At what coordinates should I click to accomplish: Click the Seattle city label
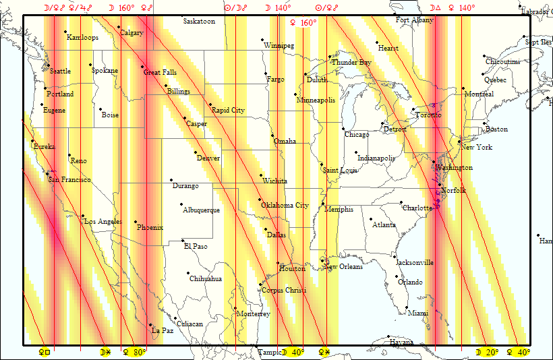[60, 71]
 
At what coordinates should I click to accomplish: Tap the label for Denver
[208, 158]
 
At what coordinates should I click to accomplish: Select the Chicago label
[357, 135]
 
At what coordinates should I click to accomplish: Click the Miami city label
[417, 313]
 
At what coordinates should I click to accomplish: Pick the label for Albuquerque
[201, 210]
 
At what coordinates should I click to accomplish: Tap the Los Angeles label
[103, 222]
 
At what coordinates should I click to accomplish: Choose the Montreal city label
[479, 94]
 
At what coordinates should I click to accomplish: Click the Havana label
[401, 342]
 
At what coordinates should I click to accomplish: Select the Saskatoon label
[199, 22]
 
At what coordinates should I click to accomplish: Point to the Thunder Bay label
[351, 63]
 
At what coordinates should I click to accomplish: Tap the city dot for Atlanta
[370, 219]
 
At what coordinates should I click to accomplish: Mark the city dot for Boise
[100, 109]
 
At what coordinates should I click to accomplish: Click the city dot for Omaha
[273, 136]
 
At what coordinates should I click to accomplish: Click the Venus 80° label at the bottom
[134, 352]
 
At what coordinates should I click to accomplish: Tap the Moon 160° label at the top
[121, 8]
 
